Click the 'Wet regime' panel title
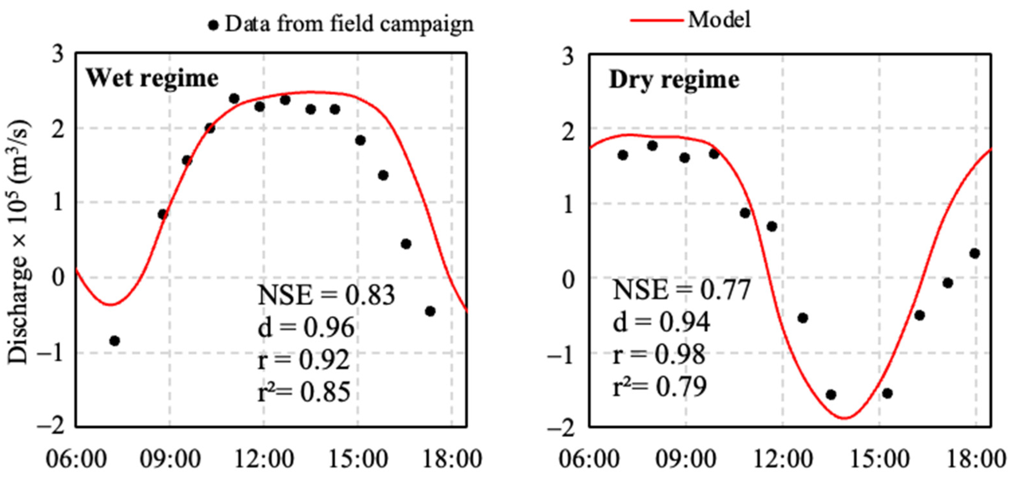[x=152, y=78]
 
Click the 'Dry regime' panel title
[x=674, y=80]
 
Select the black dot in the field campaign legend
[x=213, y=25]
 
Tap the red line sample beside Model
[x=656, y=20]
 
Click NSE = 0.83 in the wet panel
[x=326, y=295]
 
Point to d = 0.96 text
[x=306, y=328]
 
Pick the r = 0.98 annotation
[x=659, y=355]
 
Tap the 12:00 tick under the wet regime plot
[x=264, y=459]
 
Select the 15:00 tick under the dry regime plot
[x=880, y=459]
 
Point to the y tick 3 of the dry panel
[x=568, y=56]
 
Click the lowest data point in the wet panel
[x=114, y=341]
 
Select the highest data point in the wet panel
[x=234, y=98]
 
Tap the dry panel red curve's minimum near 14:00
[x=845, y=418]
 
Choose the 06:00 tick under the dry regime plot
[x=589, y=459]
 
